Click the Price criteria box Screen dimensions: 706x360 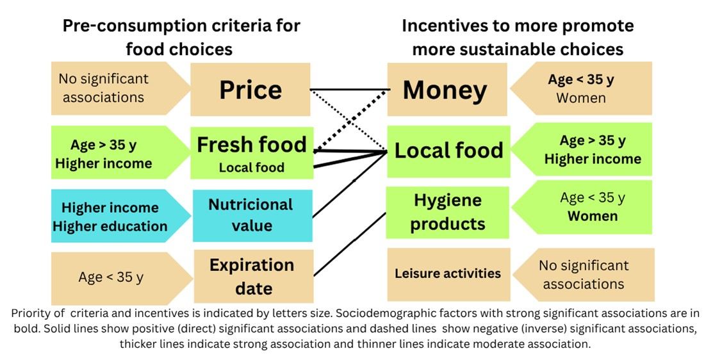click(x=250, y=90)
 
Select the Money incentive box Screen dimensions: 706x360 click(x=445, y=90)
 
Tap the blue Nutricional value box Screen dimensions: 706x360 click(x=250, y=215)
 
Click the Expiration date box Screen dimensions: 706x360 click(x=252, y=276)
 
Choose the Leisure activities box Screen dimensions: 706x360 click(x=448, y=274)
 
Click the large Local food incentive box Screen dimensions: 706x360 click(x=448, y=151)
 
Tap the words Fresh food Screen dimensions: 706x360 click(x=251, y=145)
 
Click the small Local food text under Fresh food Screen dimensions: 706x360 click(x=251, y=168)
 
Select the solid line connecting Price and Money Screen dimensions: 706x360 click(x=349, y=89)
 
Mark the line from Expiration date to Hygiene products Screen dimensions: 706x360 click(x=349, y=243)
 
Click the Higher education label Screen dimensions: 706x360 click(x=110, y=226)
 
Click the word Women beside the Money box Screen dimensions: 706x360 click(x=581, y=98)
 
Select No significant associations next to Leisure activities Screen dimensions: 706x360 click(x=583, y=274)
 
